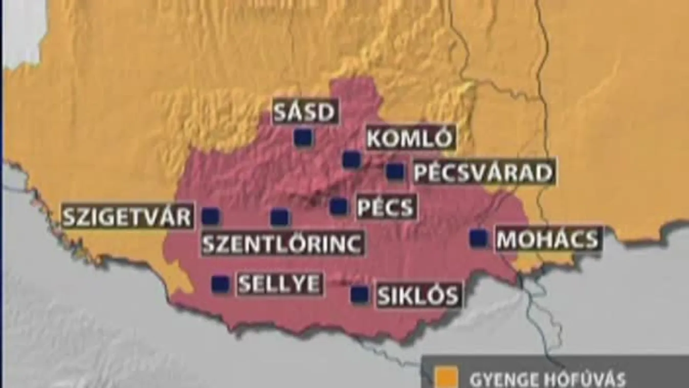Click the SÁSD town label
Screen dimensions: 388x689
coord(305,112)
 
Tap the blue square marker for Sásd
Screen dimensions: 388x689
coord(303,137)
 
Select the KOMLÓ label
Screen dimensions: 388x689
coord(410,139)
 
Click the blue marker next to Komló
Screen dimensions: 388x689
coord(351,160)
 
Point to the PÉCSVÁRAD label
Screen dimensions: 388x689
coord(483,173)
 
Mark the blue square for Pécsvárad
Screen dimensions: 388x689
coord(395,171)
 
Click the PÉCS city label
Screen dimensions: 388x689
coord(386,207)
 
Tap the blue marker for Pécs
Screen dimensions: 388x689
coord(339,206)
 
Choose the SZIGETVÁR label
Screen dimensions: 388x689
coord(127,217)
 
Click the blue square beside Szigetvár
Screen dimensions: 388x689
coord(210,217)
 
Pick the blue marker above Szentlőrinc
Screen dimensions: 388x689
coord(280,218)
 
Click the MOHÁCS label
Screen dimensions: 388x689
coord(548,239)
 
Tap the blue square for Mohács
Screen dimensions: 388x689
coord(479,238)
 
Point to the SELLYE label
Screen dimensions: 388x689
coord(279,284)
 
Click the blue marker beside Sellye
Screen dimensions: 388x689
coord(220,284)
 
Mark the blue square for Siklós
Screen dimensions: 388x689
coord(360,294)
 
